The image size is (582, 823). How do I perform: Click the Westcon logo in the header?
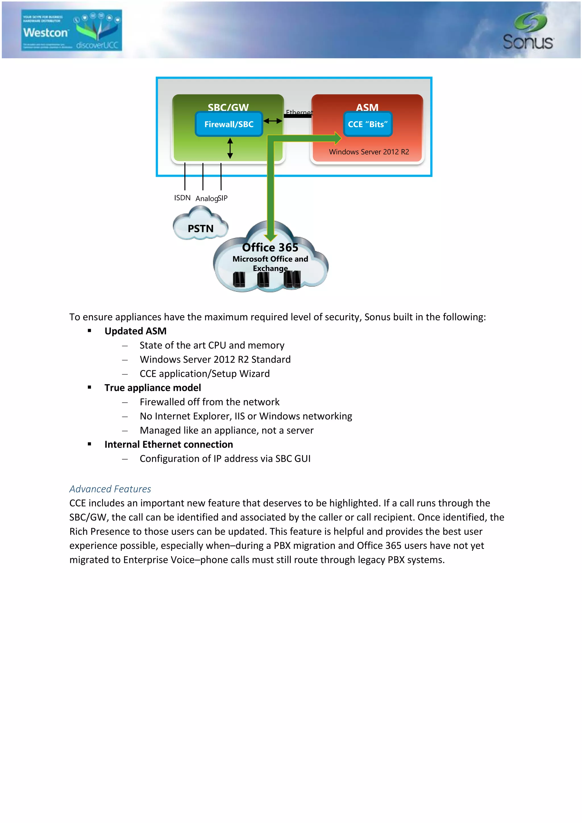click(x=71, y=30)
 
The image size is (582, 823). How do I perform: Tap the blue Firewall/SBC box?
click(x=229, y=124)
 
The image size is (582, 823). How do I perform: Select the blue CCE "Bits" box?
click(x=368, y=124)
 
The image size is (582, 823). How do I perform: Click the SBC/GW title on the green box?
click(x=228, y=107)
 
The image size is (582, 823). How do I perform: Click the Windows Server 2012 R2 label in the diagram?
click(x=369, y=152)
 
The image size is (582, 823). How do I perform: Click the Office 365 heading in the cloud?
click(x=270, y=247)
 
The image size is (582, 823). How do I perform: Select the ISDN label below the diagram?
click(x=182, y=198)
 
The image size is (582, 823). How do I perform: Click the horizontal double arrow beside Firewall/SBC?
click(x=273, y=121)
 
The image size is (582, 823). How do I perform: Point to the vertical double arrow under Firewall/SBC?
click(x=230, y=148)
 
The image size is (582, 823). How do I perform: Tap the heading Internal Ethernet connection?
click(x=169, y=444)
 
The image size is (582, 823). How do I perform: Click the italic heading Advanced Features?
click(x=110, y=489)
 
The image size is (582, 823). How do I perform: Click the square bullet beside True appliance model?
click(x=89, y=387)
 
